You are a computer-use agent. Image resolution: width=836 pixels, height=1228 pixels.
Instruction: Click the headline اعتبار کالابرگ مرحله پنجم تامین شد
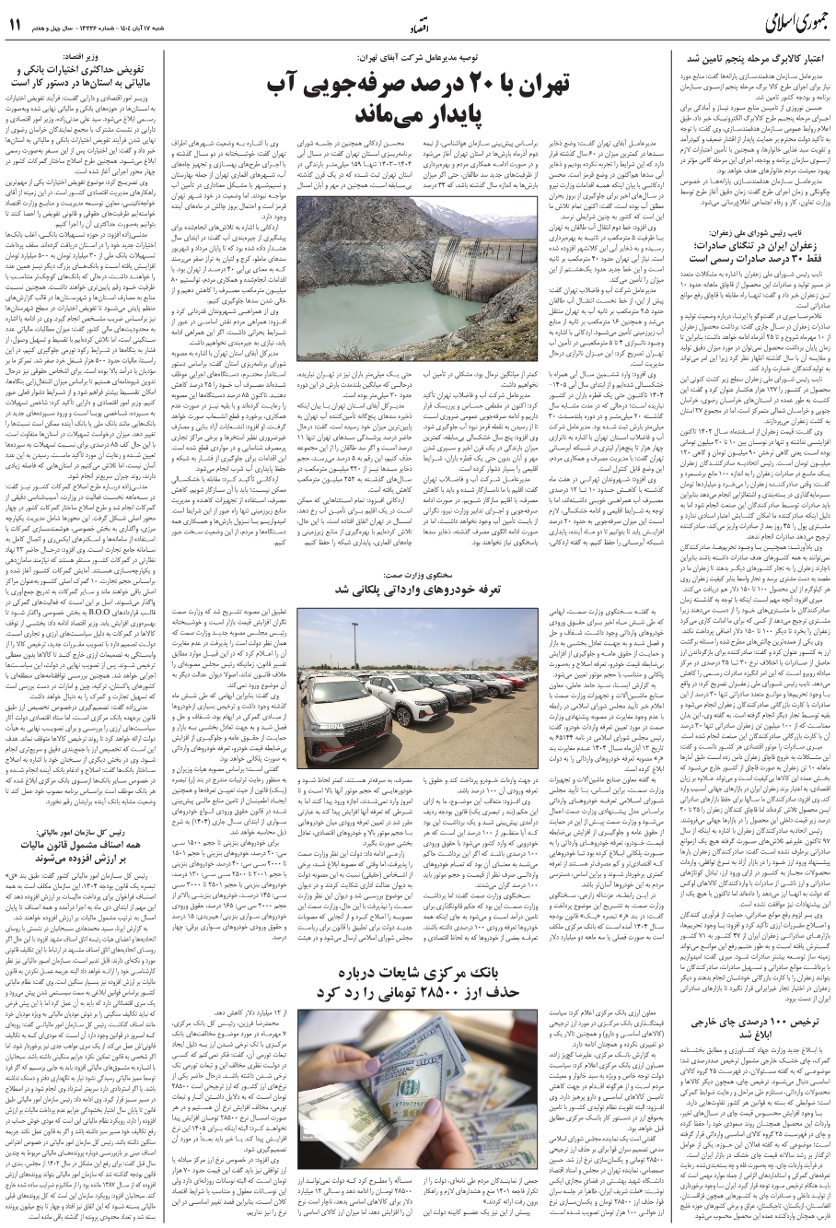(x=753, y=58)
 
